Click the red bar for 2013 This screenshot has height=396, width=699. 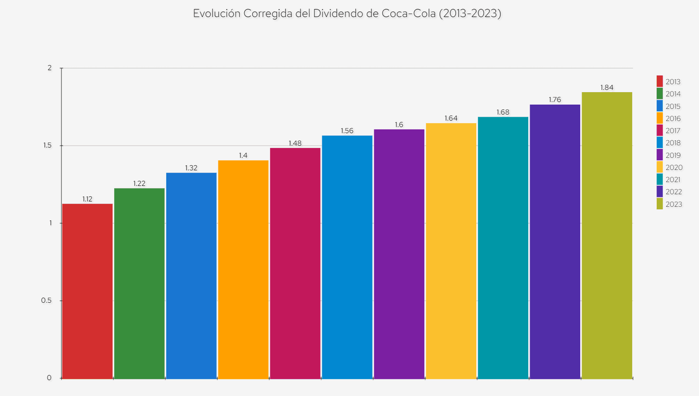click(x=87, y=291)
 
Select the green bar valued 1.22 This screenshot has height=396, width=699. click(x=139, y=283)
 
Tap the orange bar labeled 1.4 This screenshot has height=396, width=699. click(x=243, y=269)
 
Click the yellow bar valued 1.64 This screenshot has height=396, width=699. click(x=451, y=251)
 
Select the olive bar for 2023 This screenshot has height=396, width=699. click(x=607, y=235)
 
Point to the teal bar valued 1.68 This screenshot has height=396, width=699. click(x=503, y=247)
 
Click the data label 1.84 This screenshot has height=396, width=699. click(x=607, y=87)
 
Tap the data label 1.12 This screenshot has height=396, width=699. click(x=87, y=199)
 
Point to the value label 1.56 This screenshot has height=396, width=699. click(x=347, y=131)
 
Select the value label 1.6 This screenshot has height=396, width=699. click(x=399, y=125)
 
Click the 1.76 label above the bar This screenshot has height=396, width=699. click(x=555, y=99)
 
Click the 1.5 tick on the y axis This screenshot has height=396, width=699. click(x=46, y=146)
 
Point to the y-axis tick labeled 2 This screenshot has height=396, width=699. click(x=50, y=68)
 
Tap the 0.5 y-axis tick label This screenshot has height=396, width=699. click(x=46, y=300)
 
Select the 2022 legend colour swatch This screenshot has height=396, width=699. click(x=660, y=192)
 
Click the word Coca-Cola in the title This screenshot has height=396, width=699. click(x=412, y=14)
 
